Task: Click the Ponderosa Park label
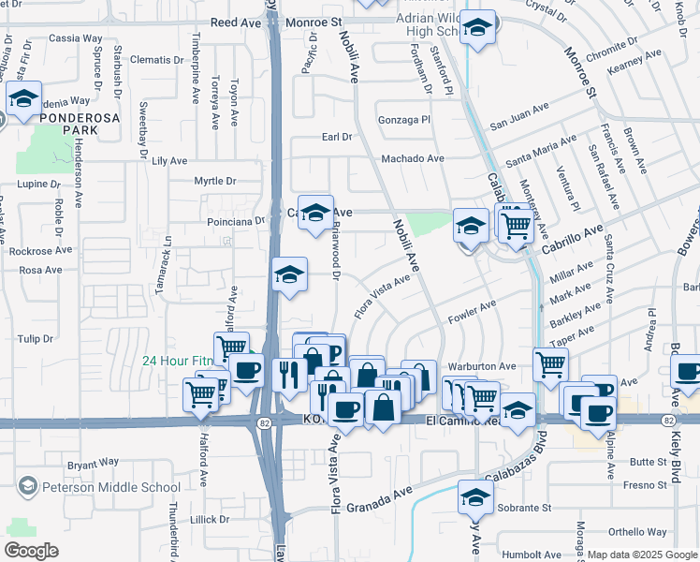66,125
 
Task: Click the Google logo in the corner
31,551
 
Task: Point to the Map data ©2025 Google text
642,555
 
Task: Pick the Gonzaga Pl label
402,120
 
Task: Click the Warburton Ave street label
482,366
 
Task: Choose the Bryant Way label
93,462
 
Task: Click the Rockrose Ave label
39,250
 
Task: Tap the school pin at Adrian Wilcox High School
478,28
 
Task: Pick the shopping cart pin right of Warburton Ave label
550,362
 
